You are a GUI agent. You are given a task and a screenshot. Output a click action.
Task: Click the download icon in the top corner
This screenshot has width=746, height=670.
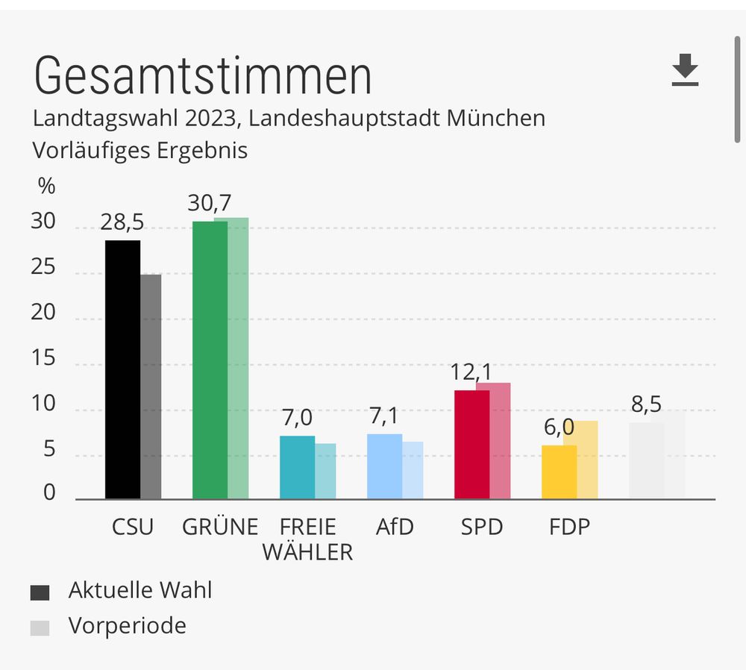click(685, 70)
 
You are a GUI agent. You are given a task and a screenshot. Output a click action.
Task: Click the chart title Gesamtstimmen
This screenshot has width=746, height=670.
click(202, 75)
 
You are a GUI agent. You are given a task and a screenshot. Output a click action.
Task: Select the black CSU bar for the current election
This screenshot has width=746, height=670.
click(122, 369)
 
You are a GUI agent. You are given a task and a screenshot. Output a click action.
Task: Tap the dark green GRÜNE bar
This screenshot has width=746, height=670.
click(210, 360)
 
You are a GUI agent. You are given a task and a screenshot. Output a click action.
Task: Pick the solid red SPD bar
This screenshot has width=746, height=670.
click(471, 444)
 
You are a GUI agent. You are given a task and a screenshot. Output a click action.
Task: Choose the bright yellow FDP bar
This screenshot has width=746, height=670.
click(559, 472)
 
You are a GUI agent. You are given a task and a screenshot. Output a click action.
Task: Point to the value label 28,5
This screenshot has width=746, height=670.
click(123, 222)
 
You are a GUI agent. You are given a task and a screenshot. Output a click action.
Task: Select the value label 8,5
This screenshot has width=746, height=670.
click(645, 404)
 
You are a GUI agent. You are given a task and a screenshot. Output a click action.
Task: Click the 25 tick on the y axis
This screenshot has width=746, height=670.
click(43, 266)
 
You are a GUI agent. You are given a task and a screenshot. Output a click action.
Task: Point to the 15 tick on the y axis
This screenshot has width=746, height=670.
click(43, 358)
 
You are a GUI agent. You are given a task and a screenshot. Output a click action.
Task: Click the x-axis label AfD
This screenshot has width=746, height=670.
click(395, 527)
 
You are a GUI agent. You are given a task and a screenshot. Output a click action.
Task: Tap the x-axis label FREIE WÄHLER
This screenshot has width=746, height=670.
click(307, 539)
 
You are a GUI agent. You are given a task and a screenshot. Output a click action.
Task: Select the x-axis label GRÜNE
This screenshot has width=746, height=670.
click(220, 527)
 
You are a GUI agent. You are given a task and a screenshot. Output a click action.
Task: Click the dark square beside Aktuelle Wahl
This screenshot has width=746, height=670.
click(40, 593)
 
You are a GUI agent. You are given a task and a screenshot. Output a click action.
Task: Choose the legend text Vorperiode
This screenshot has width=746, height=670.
click(127, 625)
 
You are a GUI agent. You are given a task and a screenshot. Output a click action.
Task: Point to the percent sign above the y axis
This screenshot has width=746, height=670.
click(46, 187)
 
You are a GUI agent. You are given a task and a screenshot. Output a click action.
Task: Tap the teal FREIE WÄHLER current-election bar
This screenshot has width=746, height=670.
click(297, 467)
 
